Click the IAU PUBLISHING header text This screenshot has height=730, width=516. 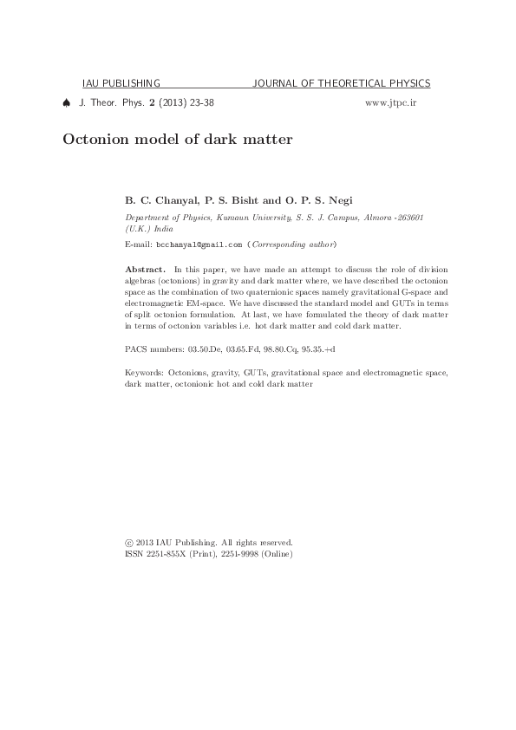point(121,84)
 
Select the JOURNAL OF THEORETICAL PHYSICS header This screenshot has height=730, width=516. point(341,84)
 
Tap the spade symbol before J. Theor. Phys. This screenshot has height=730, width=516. point(67,102)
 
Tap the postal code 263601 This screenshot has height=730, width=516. point(406,216)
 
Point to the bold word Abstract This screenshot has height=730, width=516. point(145,270)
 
